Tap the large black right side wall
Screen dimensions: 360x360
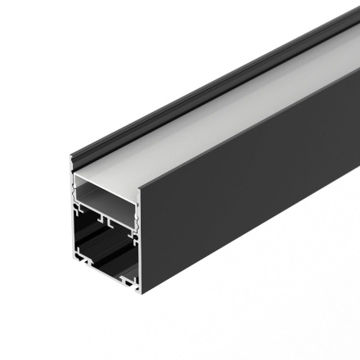point(245,205)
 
